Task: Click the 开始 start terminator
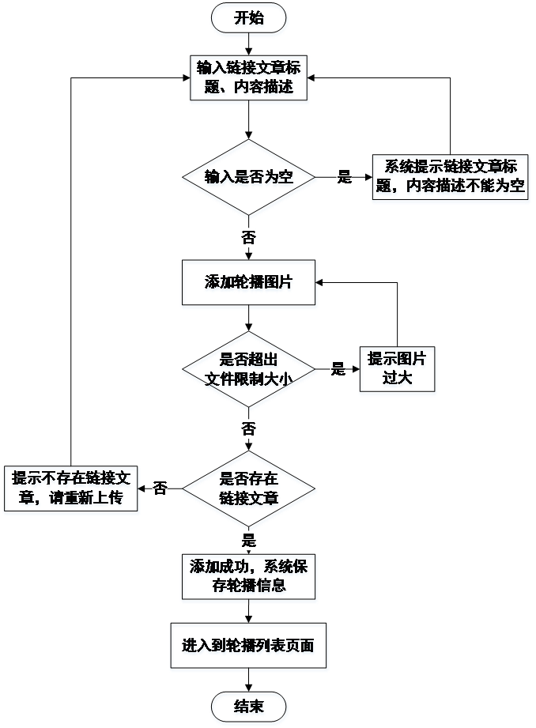pyautogui.click(x=249, y=20)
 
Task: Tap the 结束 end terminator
pyautogui.click(x=249, y=707)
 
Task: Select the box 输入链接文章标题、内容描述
pyautogui.click(x=249, y=79)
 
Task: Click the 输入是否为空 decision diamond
pyautogui.click(x=249, y=179)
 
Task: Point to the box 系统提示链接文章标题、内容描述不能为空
pyautogui.click(x=451, y=179)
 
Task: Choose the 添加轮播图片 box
pyautogui.click(x=249, y=285)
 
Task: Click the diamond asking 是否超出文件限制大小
pyautogui.click(x=249, y=370)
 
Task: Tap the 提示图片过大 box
pyautogui.click(x=398, y=370)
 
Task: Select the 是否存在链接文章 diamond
pyautogui.click(x=249, y=490)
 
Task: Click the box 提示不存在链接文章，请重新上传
pyautogui.click(x=71, y=490)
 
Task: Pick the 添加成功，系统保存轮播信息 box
pyautogui.click(x=249, y=578)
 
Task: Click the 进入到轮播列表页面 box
pyautogui.click(x=249, y=647)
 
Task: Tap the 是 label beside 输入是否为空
pyautogui.click(x=344, y=177)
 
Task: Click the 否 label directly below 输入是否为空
pyautogui.click(x=248, y=237)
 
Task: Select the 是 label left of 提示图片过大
pyautogui.click(x=338, y=369)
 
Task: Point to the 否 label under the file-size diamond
pyautogui.click(x=248, y=429)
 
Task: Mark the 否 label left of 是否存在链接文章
pyautogui.click(x=160, y=488)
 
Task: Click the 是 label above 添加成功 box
pyautogui.click(x=248, y=541)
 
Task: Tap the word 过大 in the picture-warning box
pyautogui.click(x=398, y=379)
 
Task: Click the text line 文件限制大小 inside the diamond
pyautogui.click(x=249, y=379)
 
